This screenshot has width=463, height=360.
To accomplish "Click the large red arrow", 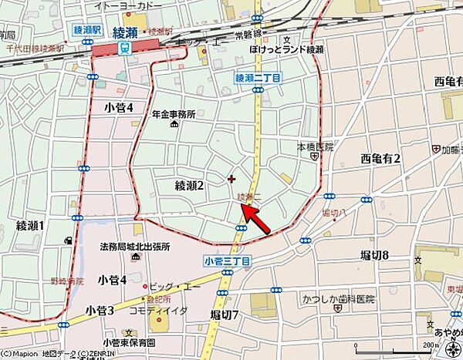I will pos(256,220).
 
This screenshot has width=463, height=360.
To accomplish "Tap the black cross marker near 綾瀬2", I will pos(231,179).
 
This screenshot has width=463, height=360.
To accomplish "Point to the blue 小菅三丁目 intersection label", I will pos(228,261).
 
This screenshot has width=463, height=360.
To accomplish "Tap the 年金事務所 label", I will pos(174,113).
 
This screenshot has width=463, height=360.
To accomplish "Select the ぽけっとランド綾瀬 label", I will pos(286,49).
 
